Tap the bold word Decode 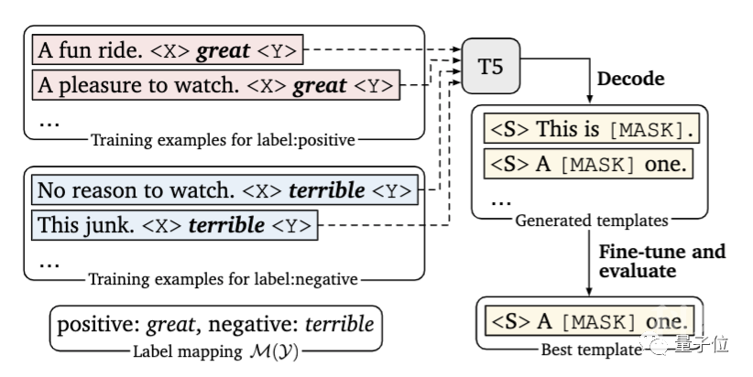[x=631, y=79]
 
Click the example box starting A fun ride [x=169, y=50]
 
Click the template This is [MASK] [x=588, y=130]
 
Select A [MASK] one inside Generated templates [x=588, y=166]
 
